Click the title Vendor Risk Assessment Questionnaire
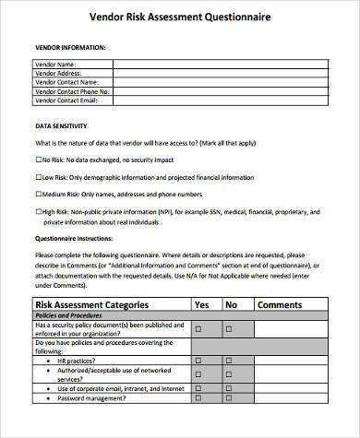(x=178, y=16)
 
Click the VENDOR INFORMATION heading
(x=70, y=46)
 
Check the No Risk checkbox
(x=38, y=160)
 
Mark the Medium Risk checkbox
(x=38, y=194)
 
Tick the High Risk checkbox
(x=38, y=210)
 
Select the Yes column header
(x=202, y=304)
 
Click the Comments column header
(x=279, y=304)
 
